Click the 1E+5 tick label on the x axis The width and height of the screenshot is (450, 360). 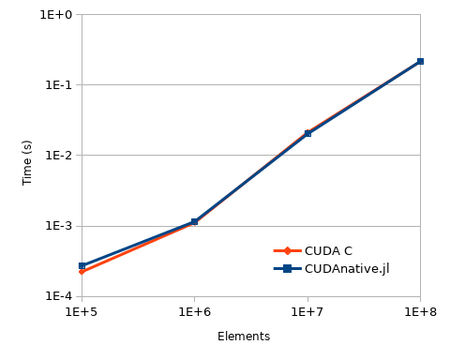click(x=82, y=311)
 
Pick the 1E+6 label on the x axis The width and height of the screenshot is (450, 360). click(x=194, y=311)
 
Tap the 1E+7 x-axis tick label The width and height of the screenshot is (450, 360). click(x=307, y=311)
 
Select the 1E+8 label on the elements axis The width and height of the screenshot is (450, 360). click(x=420, y=311)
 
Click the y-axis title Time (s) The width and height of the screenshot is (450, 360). click(x=27, y=162)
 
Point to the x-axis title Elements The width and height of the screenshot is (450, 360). click(x=244, y=337)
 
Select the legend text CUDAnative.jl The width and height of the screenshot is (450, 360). click(x=347, y=269)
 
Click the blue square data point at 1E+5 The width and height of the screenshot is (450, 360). click(x=82, y=266)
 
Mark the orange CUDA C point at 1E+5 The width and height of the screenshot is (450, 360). click(x=82, y=272)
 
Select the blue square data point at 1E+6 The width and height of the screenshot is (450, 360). click(x=194, y=222)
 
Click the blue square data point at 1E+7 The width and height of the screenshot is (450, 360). click(x=307, y=134)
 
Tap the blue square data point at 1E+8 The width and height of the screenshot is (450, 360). click(x=420, y=61)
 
